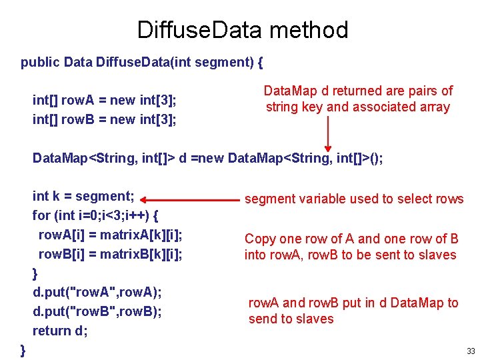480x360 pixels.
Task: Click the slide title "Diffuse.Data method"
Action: coord(242,30)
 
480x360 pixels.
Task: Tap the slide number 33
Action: coord(471,351)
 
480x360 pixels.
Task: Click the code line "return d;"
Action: coord(60,331)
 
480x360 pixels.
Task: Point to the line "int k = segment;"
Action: coord(83,197)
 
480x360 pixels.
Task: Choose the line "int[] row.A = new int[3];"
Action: coord(105,101)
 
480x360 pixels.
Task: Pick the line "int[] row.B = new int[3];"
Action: coord(105,120)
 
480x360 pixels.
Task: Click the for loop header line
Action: coord(95,216)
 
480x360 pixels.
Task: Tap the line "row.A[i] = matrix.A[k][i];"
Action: coord(111,235)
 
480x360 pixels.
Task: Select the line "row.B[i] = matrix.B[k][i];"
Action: coord(111,254)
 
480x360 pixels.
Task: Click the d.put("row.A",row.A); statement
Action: coord(97,292)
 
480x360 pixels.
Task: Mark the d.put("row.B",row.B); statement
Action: coord(97,311)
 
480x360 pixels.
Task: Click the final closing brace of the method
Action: coord(23,349)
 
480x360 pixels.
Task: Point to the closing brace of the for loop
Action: coord(35,273)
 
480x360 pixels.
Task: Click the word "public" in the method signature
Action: coord(40,63)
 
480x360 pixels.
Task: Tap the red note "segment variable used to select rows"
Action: coord(354,199)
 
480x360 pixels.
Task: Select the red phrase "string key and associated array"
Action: coord(358,107)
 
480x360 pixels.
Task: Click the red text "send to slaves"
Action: coord(291,319)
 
